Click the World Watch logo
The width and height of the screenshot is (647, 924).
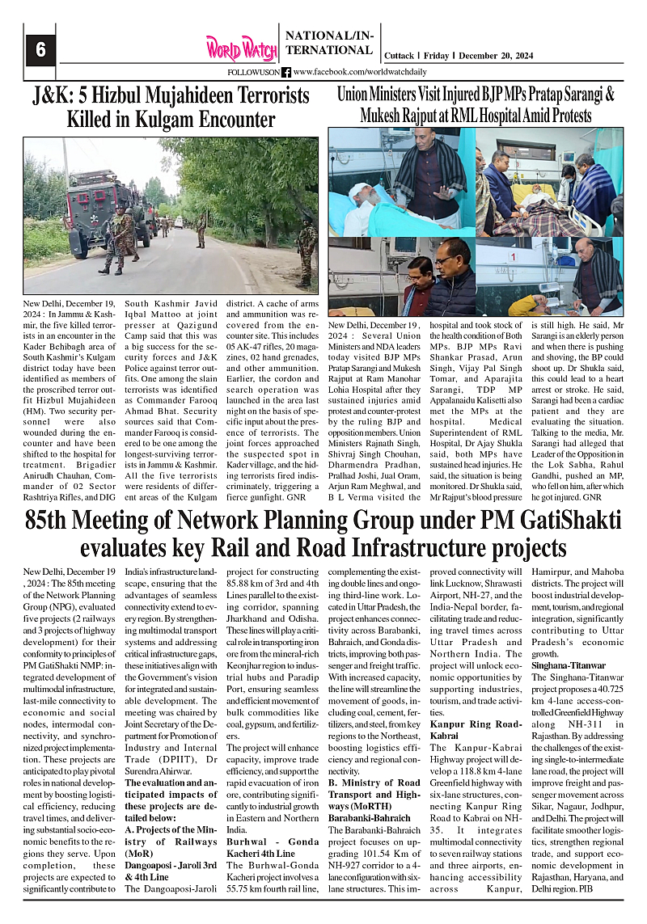coord(240,49)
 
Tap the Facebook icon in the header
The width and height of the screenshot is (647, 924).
coord(286,72)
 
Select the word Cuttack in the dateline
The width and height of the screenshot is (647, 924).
coord(398,56)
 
